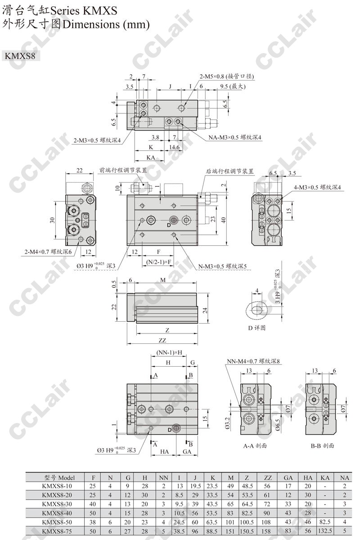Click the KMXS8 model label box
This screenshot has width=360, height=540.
(21, 56)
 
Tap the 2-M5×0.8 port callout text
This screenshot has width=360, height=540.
(227, 76)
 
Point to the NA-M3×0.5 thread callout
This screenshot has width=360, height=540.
(235, 137)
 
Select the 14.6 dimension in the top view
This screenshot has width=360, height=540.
(174, 147)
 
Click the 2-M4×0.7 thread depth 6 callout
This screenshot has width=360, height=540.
(48, 252)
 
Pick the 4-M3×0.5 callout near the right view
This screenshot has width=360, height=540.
(317, 187)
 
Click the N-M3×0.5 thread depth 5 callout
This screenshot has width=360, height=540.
(222, 266)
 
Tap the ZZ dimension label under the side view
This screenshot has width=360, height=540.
(162, 340)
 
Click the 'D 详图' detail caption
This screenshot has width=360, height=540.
(257, 328)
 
